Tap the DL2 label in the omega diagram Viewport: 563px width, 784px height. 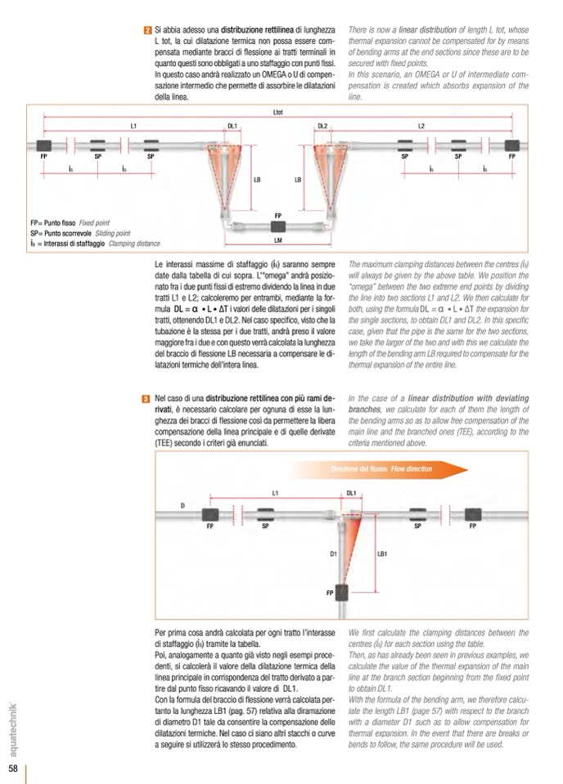point(322,126)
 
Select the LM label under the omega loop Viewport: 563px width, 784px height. point(278,241)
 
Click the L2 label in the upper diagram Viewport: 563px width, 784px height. point(421,126)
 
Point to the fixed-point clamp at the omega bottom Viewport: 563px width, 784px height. point(278,226)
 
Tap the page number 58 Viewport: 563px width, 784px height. point(14,768)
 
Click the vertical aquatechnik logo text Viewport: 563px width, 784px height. point(15,728)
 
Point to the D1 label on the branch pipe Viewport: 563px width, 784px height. point(334,554)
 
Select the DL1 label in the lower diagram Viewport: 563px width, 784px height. point(352,494)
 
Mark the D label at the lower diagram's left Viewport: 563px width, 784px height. point(182,506)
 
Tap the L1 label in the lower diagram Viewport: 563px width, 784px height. point(276,494)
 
